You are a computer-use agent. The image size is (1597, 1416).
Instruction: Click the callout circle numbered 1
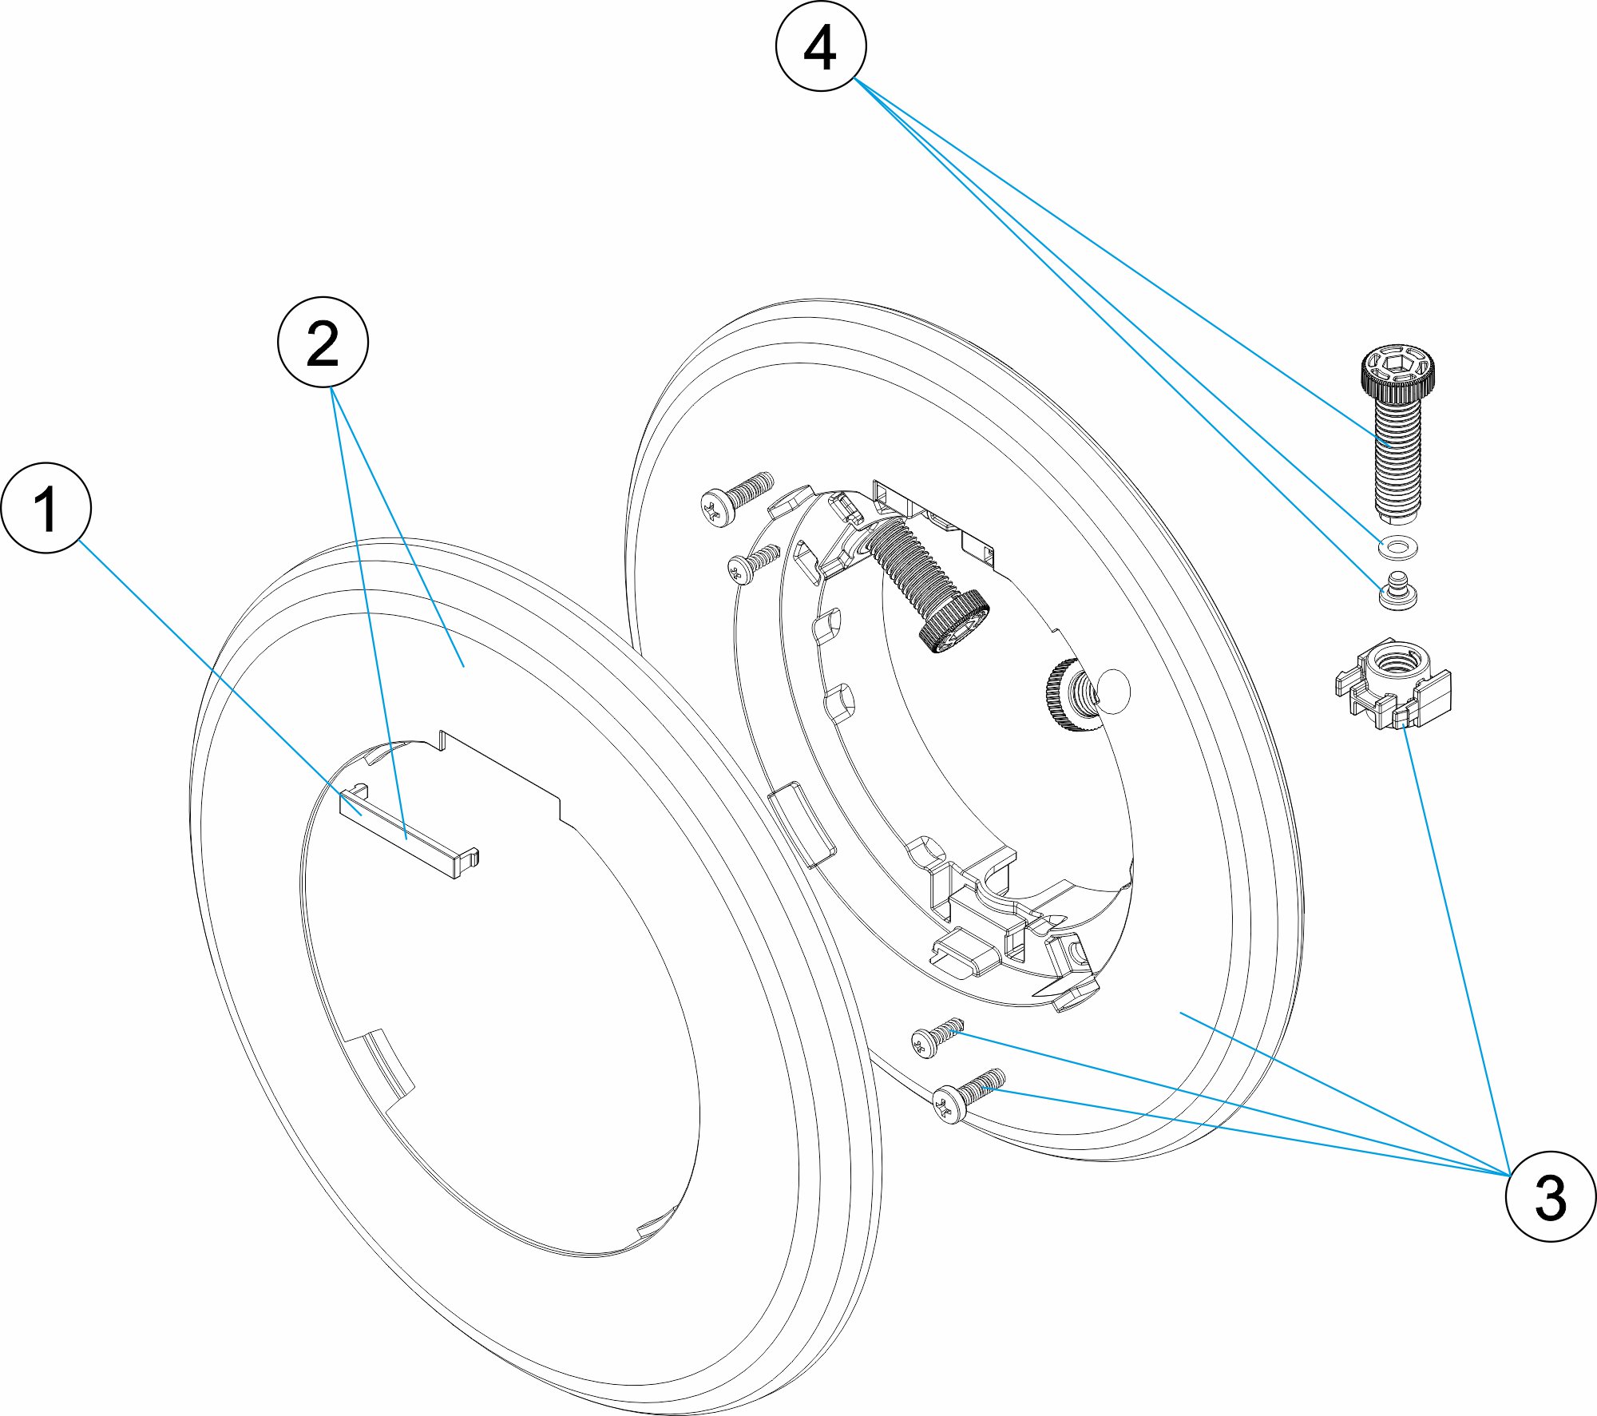pos(46,508)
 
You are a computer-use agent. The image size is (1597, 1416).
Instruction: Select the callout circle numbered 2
pos(323,343)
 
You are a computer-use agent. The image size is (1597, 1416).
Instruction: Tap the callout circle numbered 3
pos(1550,1196)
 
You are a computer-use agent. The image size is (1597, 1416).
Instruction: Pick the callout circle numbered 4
pos(821,46)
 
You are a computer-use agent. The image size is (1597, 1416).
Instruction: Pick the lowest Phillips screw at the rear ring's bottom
pos(967,1093)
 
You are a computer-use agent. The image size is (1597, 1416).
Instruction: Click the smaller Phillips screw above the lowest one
pos(936,1037)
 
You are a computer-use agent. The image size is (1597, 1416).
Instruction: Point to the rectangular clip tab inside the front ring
pos(407,832)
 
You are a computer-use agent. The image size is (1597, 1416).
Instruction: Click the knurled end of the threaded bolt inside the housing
pos(954,624)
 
